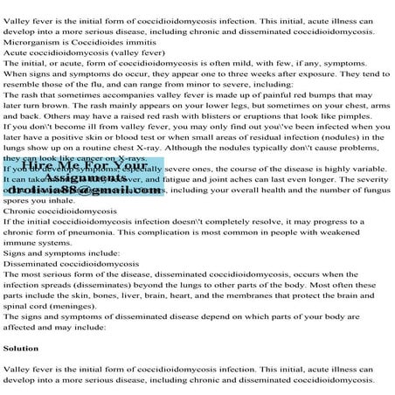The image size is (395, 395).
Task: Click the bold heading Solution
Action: (x=20, y=348)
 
